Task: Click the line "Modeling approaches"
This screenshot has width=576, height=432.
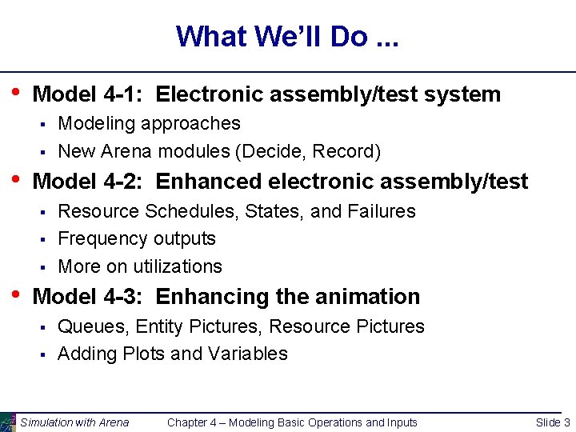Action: (x=149, y=123)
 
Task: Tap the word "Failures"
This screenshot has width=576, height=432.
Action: (x=382, y=211)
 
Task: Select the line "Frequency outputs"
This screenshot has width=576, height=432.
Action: (x=137, y=238)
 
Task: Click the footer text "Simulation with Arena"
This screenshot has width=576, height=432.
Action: (x=74, y=422)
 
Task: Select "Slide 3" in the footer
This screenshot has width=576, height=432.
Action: (x=553, y=422)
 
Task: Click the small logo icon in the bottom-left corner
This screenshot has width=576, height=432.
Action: (x=7, y=422)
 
